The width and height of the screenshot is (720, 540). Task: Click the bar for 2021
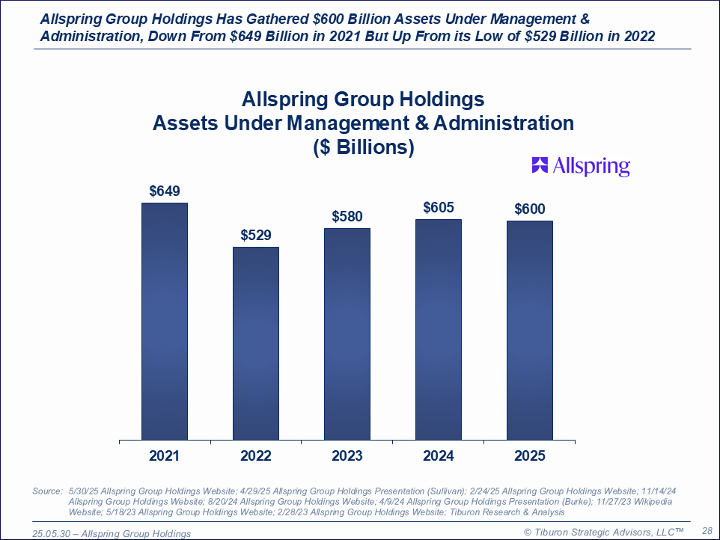click(164, 321)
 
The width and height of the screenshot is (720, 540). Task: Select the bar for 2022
click(255, 343)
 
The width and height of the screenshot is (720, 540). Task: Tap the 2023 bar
click(347, 334)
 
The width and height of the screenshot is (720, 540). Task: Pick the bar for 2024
click(438, 329)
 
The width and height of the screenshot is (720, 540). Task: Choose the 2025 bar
click(529, 330)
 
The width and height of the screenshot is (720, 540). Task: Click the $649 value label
click(164, 191)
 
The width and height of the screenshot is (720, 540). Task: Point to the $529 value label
click(255, 236)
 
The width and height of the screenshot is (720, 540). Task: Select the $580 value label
click(347, 217)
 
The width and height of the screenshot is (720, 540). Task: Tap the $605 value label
click(438, 207)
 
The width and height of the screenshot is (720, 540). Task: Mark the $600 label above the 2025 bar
click(529, 209)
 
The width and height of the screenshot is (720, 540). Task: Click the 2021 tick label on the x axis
click(164, 456)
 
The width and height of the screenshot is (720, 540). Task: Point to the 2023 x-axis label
click(347, 456)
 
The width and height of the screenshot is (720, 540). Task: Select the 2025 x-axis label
click(529, 456)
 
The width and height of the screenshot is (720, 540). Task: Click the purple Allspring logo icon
click(540, 165)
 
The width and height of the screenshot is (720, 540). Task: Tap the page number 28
click(706, 530)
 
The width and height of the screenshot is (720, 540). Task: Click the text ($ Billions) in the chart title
click(363, 147)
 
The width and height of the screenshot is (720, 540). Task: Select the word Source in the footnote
click(47, 491)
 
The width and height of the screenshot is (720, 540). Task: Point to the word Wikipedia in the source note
click(649, 502)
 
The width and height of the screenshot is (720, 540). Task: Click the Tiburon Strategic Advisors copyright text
click(603, 531)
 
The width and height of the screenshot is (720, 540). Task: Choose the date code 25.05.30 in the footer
click(52, 533)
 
